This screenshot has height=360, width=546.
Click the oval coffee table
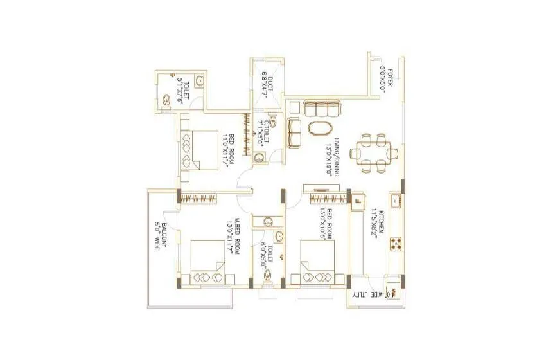tap(321, 127)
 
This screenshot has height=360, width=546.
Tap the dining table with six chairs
tap(373, 153)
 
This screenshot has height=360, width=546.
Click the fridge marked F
tap(357, 199)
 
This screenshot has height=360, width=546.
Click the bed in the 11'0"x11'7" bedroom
tap(199, 150)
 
